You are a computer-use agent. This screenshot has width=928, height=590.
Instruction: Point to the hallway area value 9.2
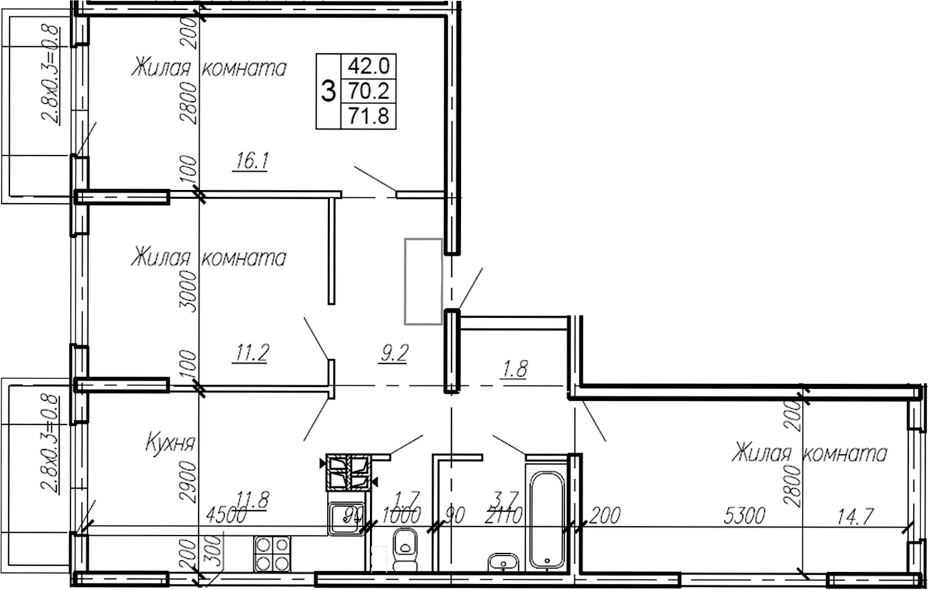(x=392, y=354)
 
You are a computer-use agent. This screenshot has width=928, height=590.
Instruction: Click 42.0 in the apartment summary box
(x=369, y=67)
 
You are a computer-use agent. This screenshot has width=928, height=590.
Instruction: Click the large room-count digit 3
(x=329, y=91)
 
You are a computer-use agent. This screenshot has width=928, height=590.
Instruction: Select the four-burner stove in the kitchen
(x=272, y=554)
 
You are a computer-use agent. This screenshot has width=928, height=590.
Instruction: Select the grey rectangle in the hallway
(x=423, y=281)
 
